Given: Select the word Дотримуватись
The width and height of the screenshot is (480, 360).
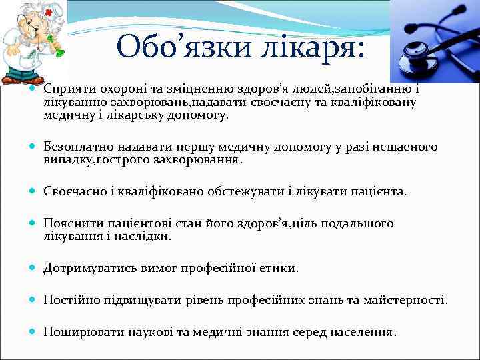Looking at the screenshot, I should [x=91, y=268].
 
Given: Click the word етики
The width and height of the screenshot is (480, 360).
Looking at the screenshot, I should [x=280, y=268].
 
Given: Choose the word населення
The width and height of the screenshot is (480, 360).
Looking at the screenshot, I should [x=366, y=331].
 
